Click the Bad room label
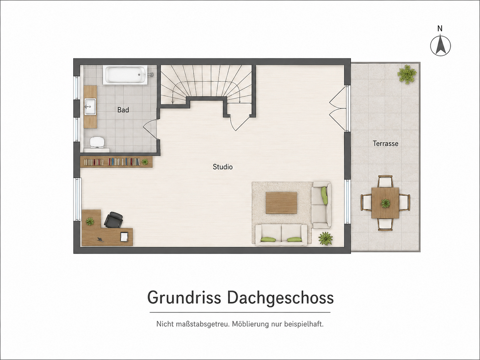click(x=123, y=110)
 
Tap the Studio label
click(x=223, y=167)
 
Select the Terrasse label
click(x=386, y=144)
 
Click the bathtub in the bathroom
click(x=126, y=75)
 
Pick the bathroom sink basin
click(x=90, y=106)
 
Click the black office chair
click(x=114, y=220)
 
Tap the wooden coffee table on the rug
click(x=281, y=203)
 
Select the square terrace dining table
click(x=385, y=203)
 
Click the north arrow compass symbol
click(x=440, y=46)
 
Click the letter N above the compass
click(x=440, y=29)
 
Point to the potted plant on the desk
click(x=90, y=222)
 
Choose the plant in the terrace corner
click(x=407, y=74)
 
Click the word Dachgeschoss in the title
click(x=281, y=298)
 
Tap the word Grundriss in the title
click(x=184, y=297)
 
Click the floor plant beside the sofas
click(x=325, y=238)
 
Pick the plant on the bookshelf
click(x=145, y=162)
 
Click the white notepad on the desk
click(x=124, y=237)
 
